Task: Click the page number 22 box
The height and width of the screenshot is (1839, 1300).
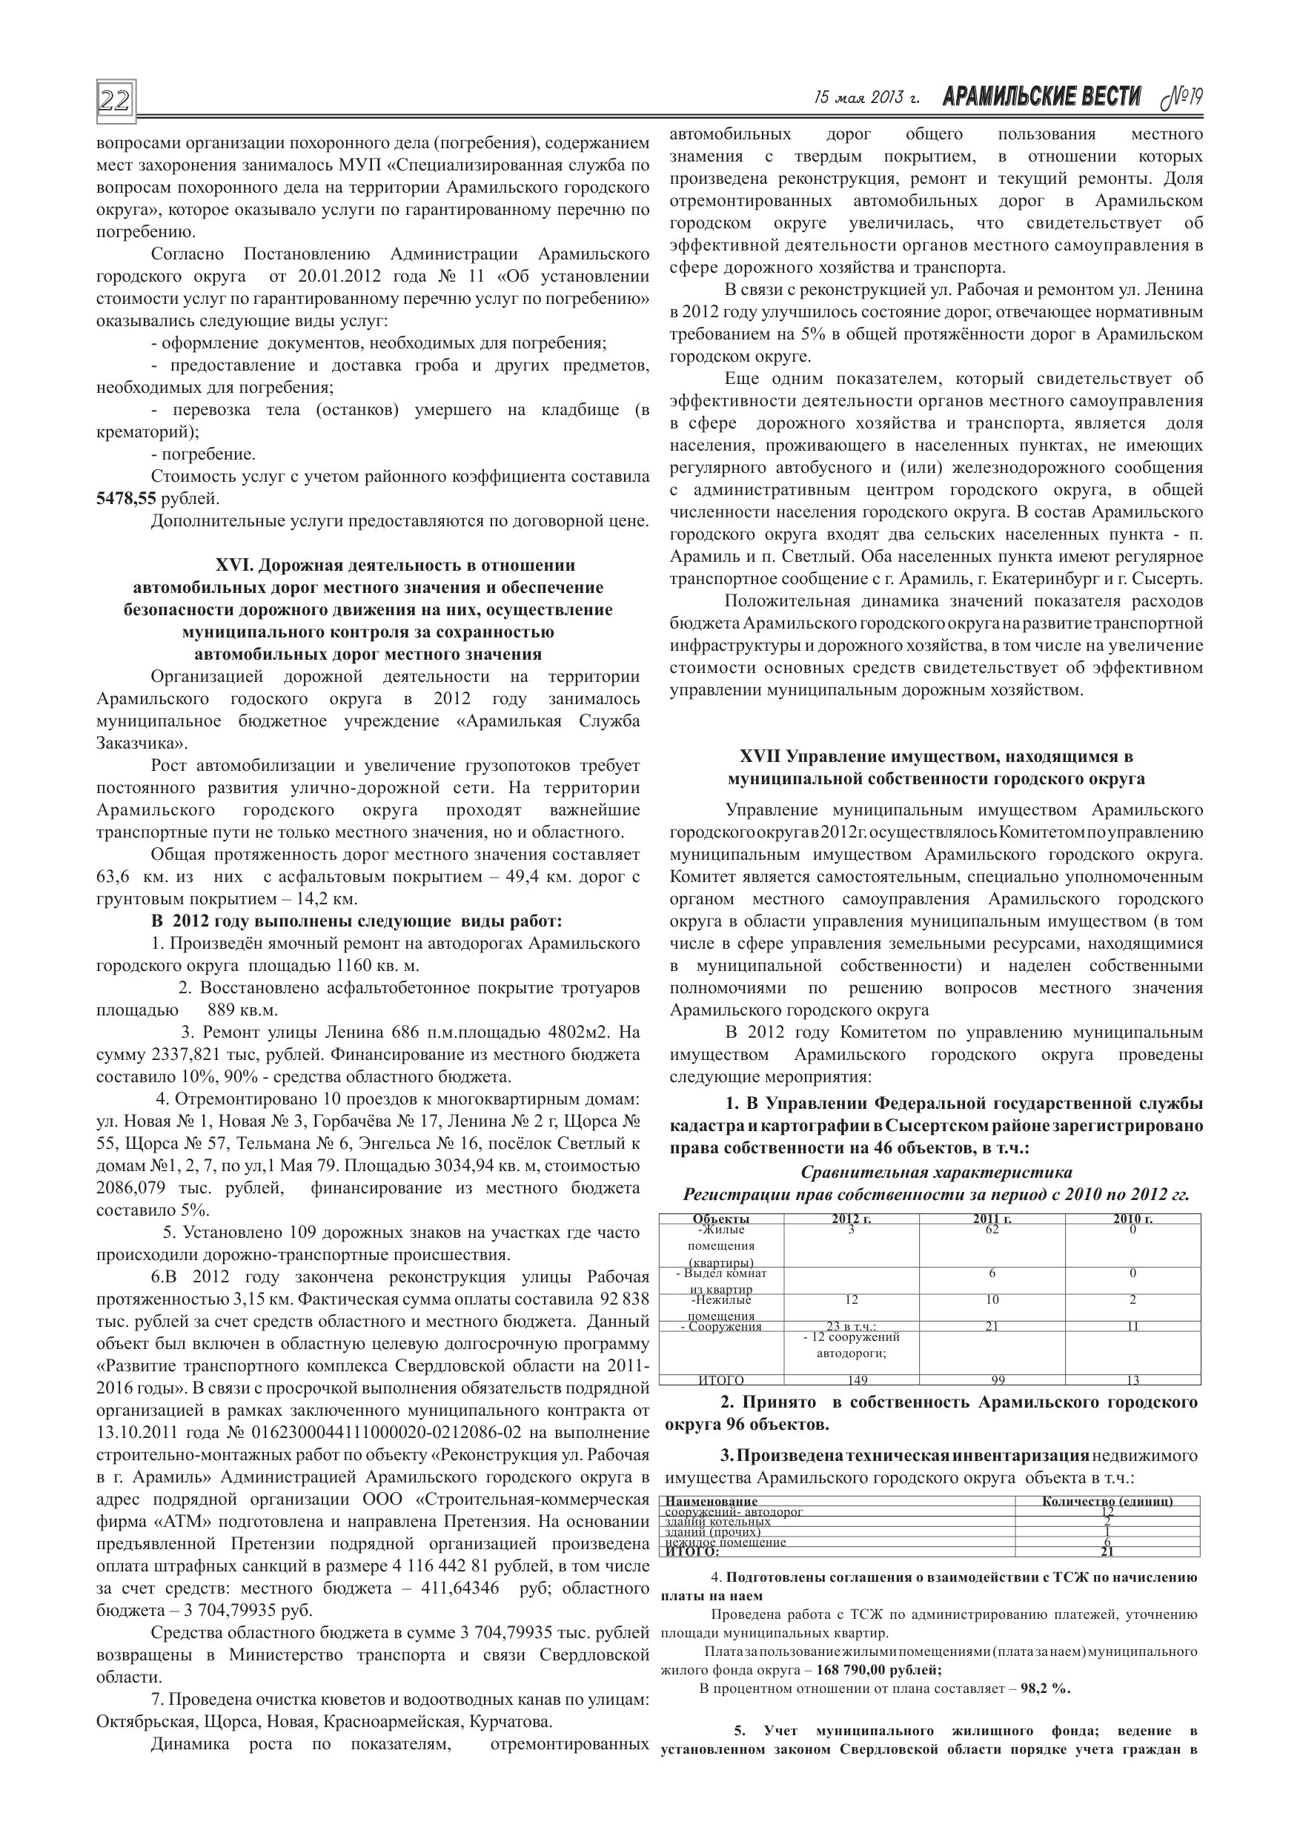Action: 116,101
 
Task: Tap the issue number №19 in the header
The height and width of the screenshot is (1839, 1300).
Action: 1181,98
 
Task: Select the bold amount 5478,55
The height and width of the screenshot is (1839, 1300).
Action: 126,499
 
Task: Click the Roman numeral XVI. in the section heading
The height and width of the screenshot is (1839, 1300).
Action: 235,566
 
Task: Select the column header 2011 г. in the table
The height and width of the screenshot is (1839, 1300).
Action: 992,1219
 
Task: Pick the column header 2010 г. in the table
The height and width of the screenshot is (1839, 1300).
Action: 1132,1219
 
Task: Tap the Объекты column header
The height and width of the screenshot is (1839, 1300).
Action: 721,1219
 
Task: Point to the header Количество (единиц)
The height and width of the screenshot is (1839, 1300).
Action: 1107,1501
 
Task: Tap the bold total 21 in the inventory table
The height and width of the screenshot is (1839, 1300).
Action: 1107,1551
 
